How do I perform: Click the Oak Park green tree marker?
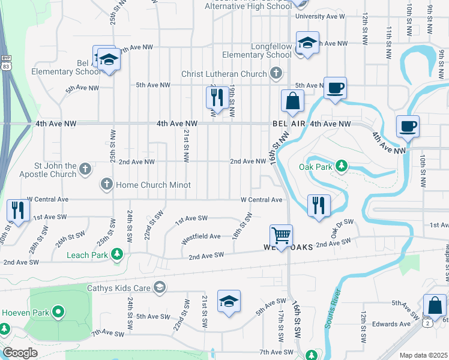click(342, 165)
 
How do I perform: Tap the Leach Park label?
click(87, 254)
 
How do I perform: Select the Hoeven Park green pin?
click(58, 311)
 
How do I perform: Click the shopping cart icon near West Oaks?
click(280, 235)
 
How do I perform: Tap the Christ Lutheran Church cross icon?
click(276, 74)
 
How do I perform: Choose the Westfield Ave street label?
click(202, 236)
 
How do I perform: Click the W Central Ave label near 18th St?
click(261, 200)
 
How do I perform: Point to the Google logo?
click(20, 353)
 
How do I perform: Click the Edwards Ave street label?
click(390, 324)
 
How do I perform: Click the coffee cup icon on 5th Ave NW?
click(335, 88)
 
